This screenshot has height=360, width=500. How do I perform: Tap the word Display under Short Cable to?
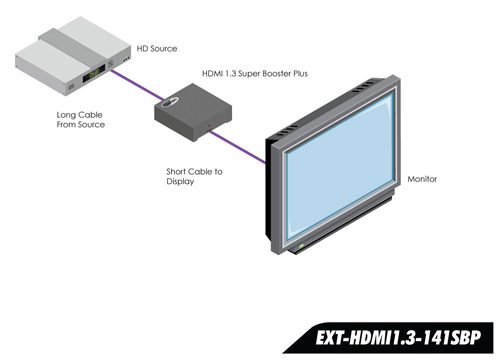tap(181, 182)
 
